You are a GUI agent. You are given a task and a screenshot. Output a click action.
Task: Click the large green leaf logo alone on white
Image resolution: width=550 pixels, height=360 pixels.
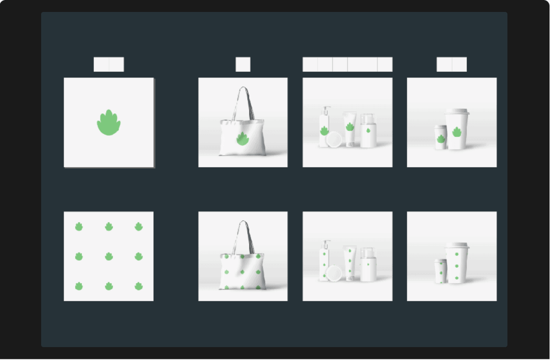coord(109,123)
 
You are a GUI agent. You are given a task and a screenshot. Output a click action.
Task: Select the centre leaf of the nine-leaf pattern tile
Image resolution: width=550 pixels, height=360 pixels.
coord(109,256)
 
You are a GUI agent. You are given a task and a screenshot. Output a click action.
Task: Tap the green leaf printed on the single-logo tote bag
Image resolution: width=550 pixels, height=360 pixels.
coord(242,139)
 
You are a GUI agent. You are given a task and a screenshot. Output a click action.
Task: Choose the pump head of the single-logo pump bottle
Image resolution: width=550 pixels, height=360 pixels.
coord(325,109)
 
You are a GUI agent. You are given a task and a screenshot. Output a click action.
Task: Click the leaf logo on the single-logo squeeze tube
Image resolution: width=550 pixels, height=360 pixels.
coord(350,127)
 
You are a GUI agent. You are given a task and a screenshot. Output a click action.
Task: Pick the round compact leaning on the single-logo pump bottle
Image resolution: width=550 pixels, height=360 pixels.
coord(334,140)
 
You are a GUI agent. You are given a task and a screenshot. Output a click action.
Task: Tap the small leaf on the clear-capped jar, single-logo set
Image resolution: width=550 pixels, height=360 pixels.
coord(368,130)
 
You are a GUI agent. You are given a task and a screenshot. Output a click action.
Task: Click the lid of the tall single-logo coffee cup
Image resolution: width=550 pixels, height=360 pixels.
coord(457,112)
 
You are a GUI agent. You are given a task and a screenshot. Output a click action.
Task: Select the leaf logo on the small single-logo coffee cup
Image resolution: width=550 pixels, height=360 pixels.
coord(440,139)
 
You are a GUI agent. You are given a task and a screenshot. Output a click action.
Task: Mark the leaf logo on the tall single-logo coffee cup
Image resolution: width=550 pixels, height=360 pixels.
coord(456,132)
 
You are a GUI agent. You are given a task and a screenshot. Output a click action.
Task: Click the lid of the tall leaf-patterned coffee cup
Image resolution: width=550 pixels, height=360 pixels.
coord(457,246)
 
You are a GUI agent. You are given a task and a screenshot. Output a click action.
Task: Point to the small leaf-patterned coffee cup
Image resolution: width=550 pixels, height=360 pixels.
coord(440,271)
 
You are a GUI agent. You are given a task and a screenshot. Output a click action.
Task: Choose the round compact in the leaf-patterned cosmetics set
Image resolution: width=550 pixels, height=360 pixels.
coord(334,273)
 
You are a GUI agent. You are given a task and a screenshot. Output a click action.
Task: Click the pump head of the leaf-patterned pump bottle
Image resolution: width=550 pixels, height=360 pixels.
coord(325,243)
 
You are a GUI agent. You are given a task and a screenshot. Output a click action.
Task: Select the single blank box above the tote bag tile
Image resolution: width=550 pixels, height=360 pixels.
coord(243,65)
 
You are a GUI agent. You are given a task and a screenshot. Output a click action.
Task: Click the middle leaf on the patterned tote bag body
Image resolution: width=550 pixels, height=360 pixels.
coord(242,272)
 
